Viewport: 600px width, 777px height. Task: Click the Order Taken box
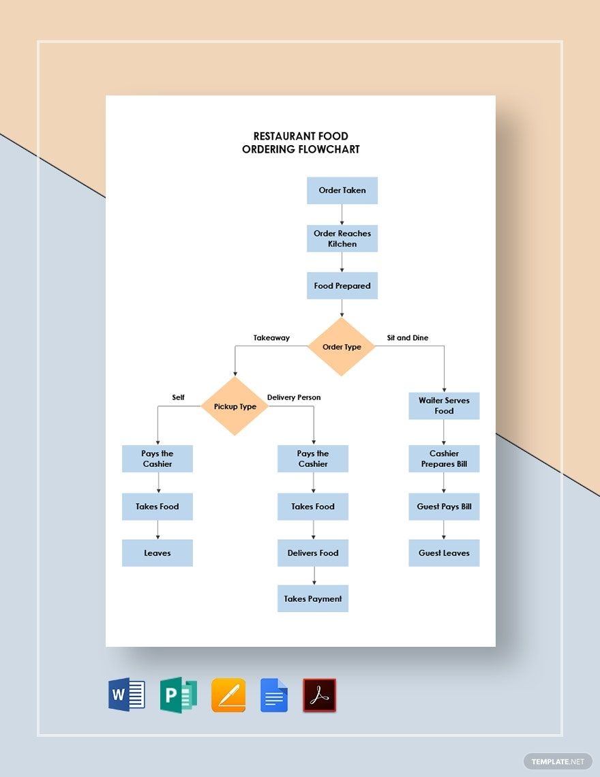pos(342,191)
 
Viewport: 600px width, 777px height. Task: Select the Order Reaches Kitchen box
pos(342,239)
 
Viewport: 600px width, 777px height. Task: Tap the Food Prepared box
pos(342,286)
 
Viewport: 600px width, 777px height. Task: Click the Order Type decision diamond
pos(342,347)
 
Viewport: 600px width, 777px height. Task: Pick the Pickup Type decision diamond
pos(235,407)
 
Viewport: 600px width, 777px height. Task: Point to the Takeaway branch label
pos(271,337)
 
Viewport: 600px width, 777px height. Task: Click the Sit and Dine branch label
pos(407,337)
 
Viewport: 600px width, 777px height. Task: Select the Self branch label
pos(178,397)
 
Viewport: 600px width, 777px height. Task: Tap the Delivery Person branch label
pos(293,397)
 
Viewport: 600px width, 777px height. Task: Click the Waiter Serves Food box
pos(444,406)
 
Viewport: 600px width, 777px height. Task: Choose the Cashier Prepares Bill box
pos(444,459)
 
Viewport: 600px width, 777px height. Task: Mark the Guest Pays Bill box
pos(444,506)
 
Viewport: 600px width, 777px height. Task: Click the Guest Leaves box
pos(444,553)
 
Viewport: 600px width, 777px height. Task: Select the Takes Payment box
pos(313,598)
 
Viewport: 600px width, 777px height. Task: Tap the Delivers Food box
pos(313,553)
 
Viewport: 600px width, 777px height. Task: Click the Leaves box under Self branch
pos(157,553)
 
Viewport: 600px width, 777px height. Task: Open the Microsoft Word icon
pos(127,695)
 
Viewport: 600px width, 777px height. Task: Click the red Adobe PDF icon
pos(319,695)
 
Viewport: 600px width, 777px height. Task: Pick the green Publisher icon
pos(179,695)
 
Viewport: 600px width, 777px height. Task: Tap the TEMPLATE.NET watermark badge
pos(558,761)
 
